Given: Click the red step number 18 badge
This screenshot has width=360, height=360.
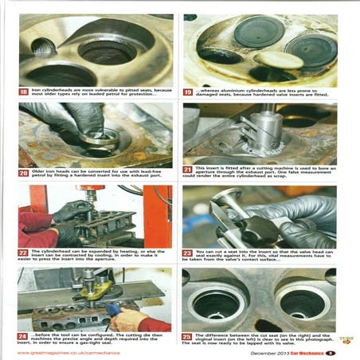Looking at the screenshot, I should pyautogui.click(x=24, y=92).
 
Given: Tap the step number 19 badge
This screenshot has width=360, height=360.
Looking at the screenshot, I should pyautogui.click(x=188, y=92).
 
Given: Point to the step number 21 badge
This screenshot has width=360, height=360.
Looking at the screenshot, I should pyautogui.click(x=188, y=170).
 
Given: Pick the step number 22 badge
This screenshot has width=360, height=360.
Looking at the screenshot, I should pyautogui.click(x=24, y=252).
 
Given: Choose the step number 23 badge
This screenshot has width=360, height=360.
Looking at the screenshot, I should pyautogui.click(x=188, y=252).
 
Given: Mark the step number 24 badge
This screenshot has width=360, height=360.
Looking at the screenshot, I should pyautogui.click(x=24, y=335).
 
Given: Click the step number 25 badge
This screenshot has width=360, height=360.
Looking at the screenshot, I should pyautogui.click(x=188, y=335).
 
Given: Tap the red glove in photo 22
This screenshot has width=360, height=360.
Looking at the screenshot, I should pyautogui.click(x=35, y=229).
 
